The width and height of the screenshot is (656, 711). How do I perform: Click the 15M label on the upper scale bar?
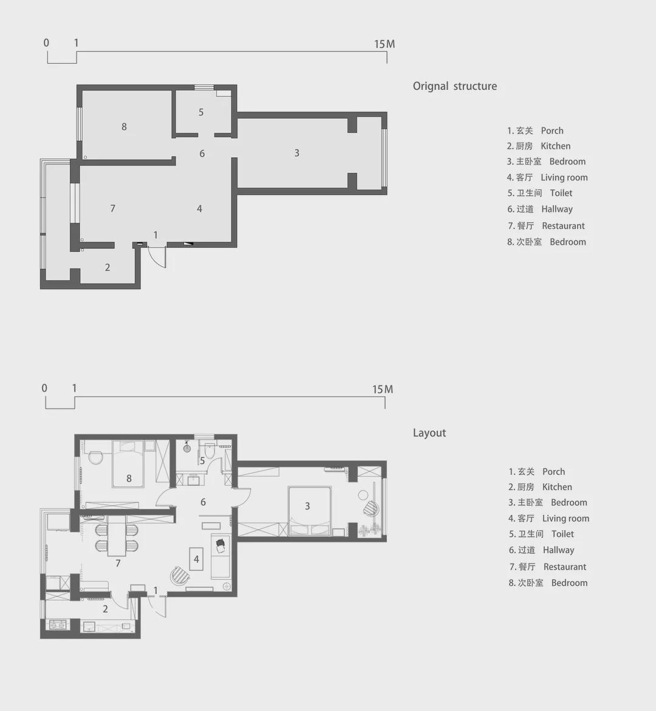(x=384, y=44)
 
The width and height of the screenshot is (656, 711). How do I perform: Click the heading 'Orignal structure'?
(x=454, y=86)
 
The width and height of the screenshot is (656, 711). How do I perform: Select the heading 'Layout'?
(x=429, y=433)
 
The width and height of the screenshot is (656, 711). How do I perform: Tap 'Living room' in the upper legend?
(x=564, y=177)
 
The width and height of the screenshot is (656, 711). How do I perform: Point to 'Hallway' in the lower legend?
(x=558, y=550)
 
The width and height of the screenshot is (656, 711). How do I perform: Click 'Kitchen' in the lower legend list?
(x=557, y=487)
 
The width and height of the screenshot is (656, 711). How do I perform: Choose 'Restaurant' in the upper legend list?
(x=563, y=226)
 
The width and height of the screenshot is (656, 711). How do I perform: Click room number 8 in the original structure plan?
(x=124, y=127)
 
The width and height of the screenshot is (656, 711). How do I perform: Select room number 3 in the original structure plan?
(x=296, y=153)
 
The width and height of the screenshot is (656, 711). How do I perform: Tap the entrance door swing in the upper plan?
(x=157, y=257)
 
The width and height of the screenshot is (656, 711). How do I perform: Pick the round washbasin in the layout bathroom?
(x=187, y=449)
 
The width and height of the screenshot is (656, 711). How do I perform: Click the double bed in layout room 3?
(x=309, y=511)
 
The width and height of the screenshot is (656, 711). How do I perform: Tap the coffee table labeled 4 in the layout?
(x=196, y=559)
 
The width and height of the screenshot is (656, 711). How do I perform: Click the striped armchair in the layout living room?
(x=179, y=574)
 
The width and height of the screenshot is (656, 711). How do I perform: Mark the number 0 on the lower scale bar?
(x=44, y=388)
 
